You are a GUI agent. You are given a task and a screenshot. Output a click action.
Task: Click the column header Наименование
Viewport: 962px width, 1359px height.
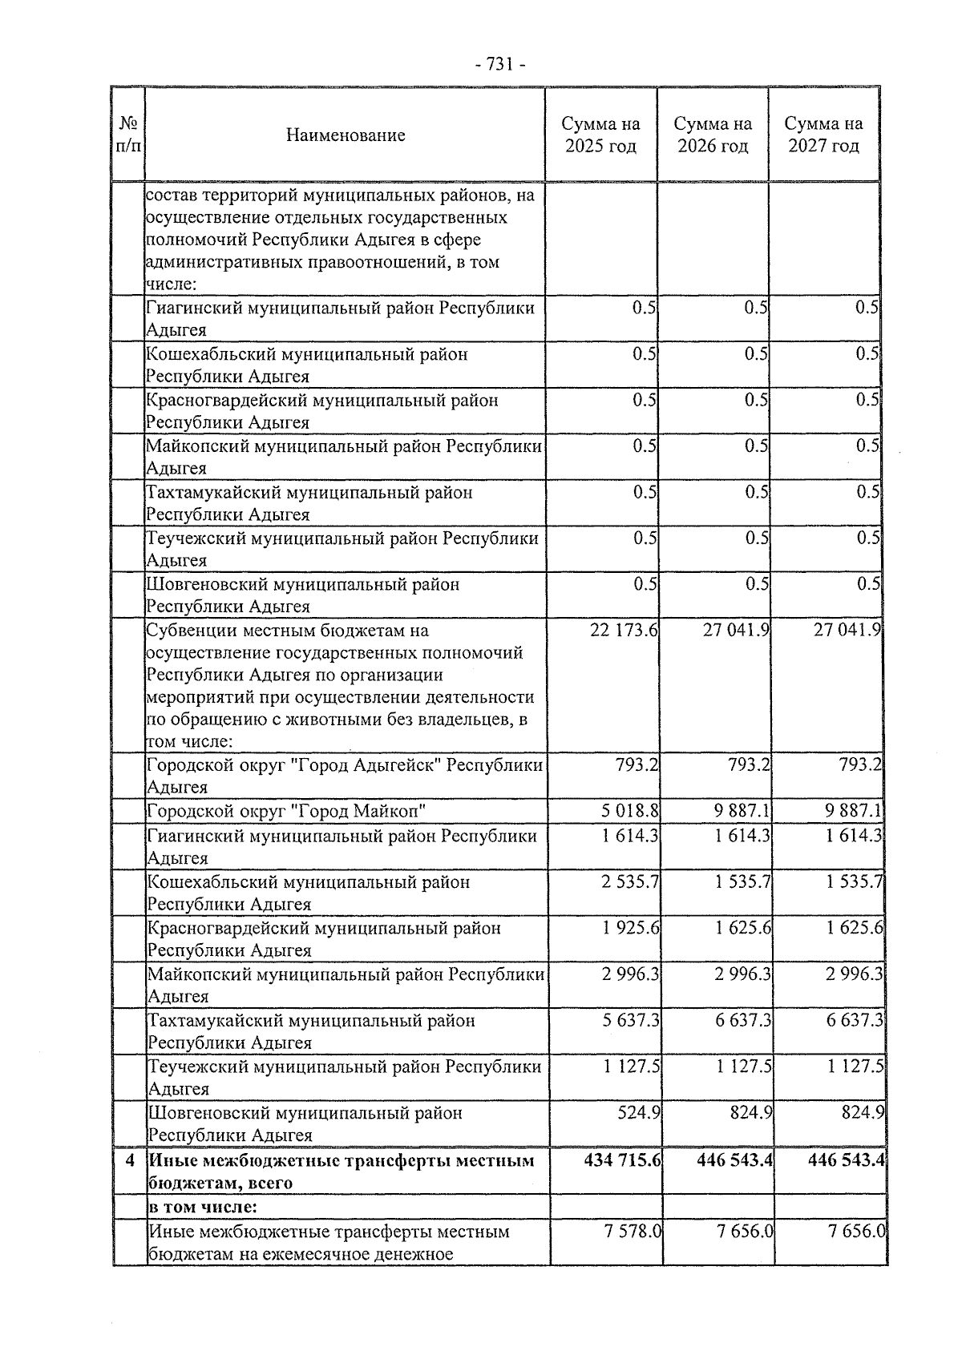346,135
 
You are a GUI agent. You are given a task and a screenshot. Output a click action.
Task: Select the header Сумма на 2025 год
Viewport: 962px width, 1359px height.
600,135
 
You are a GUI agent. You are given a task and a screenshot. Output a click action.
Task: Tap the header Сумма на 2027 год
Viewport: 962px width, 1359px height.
823,135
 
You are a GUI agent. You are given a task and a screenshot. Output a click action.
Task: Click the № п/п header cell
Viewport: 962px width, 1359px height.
127,135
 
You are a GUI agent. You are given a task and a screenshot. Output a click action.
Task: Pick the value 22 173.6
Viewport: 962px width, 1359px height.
624,631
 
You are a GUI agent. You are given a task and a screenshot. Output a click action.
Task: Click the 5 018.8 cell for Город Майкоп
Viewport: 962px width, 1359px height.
630,812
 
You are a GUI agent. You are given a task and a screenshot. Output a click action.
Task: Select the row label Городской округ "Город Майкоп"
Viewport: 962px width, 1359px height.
286,812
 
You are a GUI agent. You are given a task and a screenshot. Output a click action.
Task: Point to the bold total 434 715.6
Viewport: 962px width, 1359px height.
623,1160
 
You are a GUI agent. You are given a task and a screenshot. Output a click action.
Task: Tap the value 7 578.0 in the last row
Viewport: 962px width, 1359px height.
633,1231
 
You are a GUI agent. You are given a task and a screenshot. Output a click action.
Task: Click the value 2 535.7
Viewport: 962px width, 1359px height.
630,882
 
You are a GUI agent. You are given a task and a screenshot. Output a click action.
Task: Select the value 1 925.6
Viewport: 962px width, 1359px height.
630,928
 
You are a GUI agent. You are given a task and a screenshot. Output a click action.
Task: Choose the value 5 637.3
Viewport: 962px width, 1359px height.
630,1021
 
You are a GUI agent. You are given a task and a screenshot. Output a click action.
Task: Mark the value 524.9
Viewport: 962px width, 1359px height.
639,1113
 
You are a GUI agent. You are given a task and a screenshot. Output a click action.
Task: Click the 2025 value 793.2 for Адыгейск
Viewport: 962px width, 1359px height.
638,765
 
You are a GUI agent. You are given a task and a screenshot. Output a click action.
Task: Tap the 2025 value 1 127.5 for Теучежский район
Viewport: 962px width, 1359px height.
630,1067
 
